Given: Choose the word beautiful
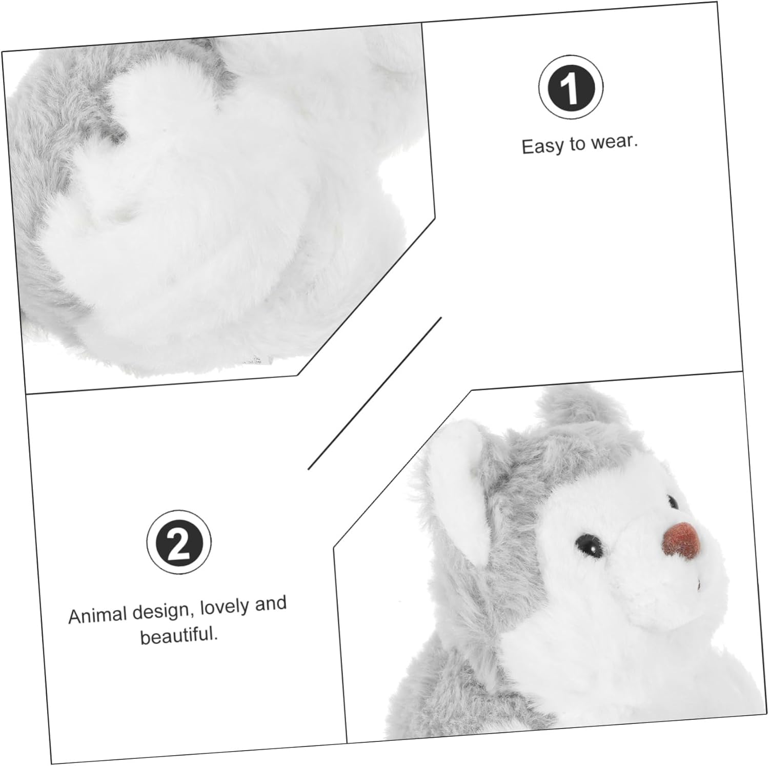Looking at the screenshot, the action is pyautogui.click(x=179, y=636).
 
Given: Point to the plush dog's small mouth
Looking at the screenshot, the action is pyautogui.click(x=698, y=584).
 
